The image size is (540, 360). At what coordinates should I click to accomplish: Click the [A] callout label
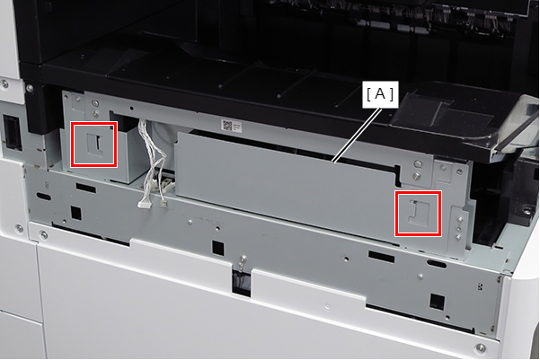coord(380,94)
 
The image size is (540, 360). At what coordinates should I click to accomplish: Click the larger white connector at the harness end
coord(145,204)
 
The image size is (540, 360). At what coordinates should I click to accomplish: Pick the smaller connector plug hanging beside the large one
coord(164,203)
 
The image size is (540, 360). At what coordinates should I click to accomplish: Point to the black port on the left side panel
coord(12,132)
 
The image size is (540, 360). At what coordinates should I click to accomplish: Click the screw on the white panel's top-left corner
coord(4,83)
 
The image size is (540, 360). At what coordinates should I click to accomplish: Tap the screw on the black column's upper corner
coord(30,89)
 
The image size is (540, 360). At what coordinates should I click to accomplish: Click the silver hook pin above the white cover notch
coord(243,260)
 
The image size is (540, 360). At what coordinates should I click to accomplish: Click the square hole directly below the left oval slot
coord(75,213)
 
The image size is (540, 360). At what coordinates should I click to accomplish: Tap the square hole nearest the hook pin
coord(218,248)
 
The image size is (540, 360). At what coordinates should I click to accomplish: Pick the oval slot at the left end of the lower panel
coord(44,197)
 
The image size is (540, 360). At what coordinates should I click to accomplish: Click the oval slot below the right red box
coord(437,264)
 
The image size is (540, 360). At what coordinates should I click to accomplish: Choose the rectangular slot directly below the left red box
coord(86,188)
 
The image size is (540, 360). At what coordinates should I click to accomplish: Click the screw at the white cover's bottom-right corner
coord(480,348)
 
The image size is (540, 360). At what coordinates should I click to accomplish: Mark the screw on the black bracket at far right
coord(527,209)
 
